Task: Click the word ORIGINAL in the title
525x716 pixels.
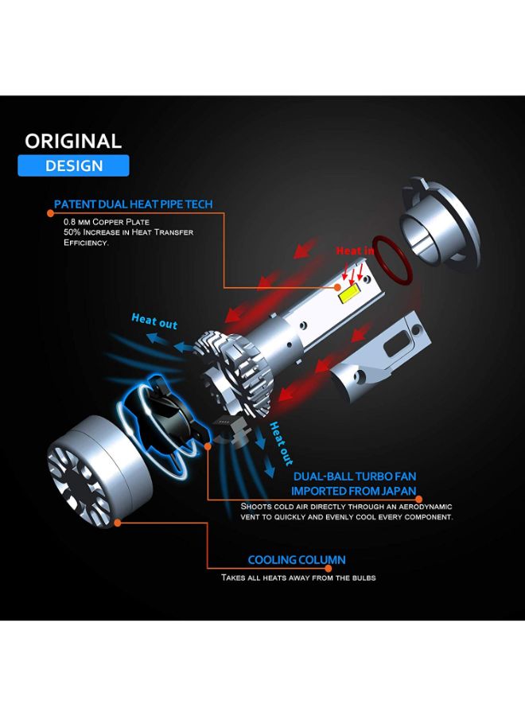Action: [x=73, y=141]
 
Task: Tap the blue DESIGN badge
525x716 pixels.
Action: [x=73, y=165]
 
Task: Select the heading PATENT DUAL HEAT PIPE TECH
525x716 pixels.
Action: [x=133, y=204]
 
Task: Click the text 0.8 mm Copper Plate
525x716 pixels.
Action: [x=107, y=221]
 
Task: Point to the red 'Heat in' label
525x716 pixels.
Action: [x=355, y=251]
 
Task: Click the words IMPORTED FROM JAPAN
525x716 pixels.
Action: [x=354, y=491]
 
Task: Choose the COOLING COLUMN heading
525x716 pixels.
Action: [x=296, y=560]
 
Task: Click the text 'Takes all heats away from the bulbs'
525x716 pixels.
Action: [x=298, y=578]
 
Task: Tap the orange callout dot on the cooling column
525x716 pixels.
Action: [x=118, y=523]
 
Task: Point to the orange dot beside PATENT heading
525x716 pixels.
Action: [x=48, y=204]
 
